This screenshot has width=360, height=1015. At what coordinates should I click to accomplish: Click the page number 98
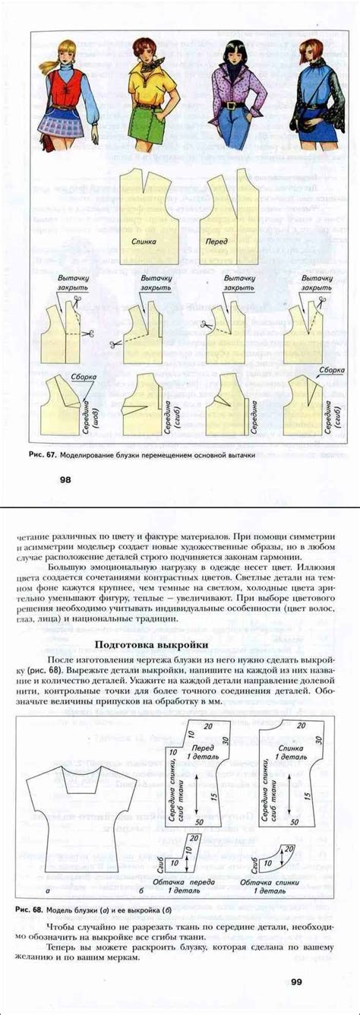(65, 479)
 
